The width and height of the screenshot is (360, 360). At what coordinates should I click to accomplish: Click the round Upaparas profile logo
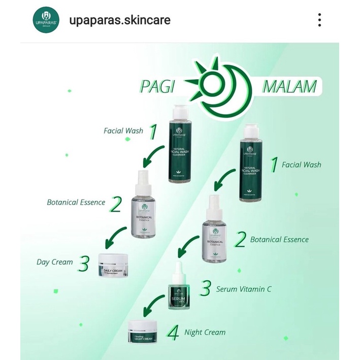(46, 21)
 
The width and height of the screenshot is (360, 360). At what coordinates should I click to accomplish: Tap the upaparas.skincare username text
(120, 21)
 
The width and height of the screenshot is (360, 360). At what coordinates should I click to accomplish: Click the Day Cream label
(55, 263)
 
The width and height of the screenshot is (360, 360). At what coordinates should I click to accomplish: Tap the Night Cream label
(205, 333)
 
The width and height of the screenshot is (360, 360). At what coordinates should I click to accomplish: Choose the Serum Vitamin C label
(244, 289)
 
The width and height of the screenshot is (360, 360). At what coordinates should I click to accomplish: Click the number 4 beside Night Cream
(173, 333)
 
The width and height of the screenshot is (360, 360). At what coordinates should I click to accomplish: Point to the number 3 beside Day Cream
(85, 264)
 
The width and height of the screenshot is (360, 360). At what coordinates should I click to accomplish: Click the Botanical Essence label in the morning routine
(76, 202)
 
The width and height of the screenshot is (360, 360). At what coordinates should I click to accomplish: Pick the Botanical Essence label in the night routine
(279, 239)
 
